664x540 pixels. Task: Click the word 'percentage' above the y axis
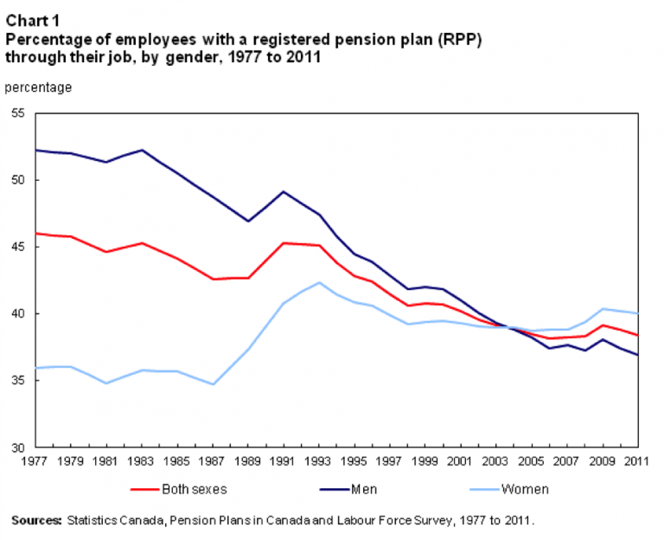(x=39, y=87)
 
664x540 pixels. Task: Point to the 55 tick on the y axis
(x=17, y=113)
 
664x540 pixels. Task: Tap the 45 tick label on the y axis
(x=17, y=247)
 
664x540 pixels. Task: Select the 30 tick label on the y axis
(x=17, y=447)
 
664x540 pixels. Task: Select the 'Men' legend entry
(x=363, y=490)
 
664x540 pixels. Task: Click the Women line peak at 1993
(x=320, y=282)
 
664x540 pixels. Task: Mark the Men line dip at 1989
(x=249, y=222)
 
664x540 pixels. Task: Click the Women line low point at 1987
(x=214, y=384)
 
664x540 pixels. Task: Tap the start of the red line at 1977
(x=36, y=233)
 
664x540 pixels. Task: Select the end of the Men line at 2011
(x=638, y=355)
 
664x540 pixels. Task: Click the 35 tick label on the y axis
(x=17, y=381)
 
